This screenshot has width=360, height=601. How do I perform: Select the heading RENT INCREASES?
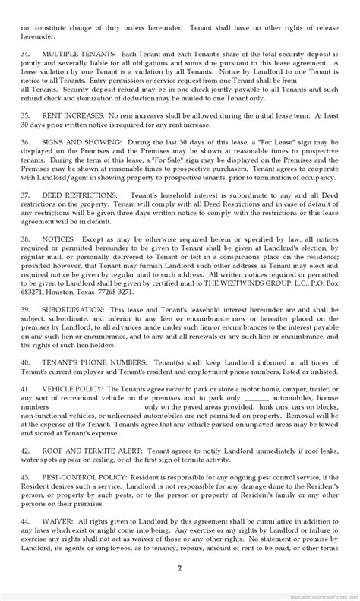(76, 115)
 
